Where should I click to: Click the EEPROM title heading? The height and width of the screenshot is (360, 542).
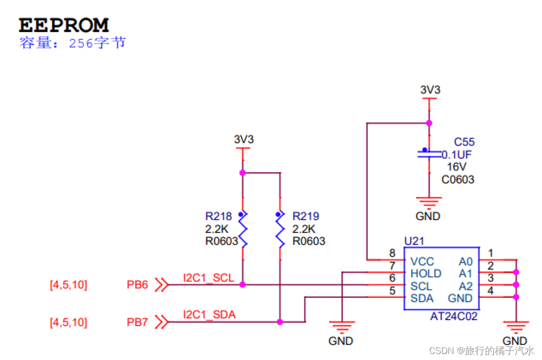[64, 25]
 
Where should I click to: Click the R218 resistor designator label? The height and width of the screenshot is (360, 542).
[218, 216]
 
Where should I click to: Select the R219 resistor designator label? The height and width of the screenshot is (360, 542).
[306, 216]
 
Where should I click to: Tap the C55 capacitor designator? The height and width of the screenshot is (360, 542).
[464, 142]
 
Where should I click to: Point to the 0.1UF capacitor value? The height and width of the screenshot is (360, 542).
[456, 155]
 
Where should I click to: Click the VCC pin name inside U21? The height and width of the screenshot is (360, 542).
[422, 261]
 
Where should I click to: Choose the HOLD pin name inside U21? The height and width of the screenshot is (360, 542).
[426, 273]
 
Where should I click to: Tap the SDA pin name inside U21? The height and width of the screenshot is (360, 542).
[422, 298]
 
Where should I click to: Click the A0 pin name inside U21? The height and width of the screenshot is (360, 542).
[466, 261]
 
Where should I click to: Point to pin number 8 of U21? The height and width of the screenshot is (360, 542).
[392, 254]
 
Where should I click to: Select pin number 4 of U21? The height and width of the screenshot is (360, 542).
[490, 291]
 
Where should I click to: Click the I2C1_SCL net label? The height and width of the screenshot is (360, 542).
[209, 278]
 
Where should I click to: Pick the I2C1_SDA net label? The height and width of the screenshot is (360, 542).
[209, 315]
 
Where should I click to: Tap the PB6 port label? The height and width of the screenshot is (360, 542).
[137, 285]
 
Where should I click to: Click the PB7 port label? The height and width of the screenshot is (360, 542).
[137, 322]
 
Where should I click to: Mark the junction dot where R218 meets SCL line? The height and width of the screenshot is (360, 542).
[243, 285]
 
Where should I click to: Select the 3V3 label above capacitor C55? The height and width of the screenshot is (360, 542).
[430, 90]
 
